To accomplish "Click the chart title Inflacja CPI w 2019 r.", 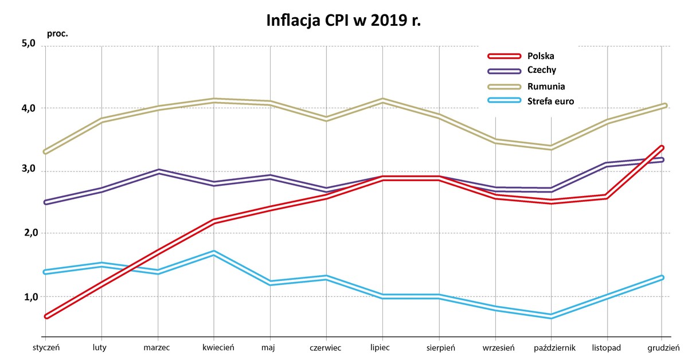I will (x=344, y=21).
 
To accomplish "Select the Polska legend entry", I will (x=541, y=56).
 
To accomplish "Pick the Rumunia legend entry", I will (x=546, y=87).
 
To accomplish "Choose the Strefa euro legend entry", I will (x=550, y=101).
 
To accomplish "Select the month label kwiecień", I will (x=214, y=347).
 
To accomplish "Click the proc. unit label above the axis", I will (x=57, y=33).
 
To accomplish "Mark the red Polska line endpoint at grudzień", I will (x=662, y=148).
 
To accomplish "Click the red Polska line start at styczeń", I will (x=46, y=316).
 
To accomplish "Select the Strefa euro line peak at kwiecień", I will (x=214, y=253).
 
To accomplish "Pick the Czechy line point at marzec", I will (x=158, y=171).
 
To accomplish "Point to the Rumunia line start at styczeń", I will (x=45, y=152).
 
